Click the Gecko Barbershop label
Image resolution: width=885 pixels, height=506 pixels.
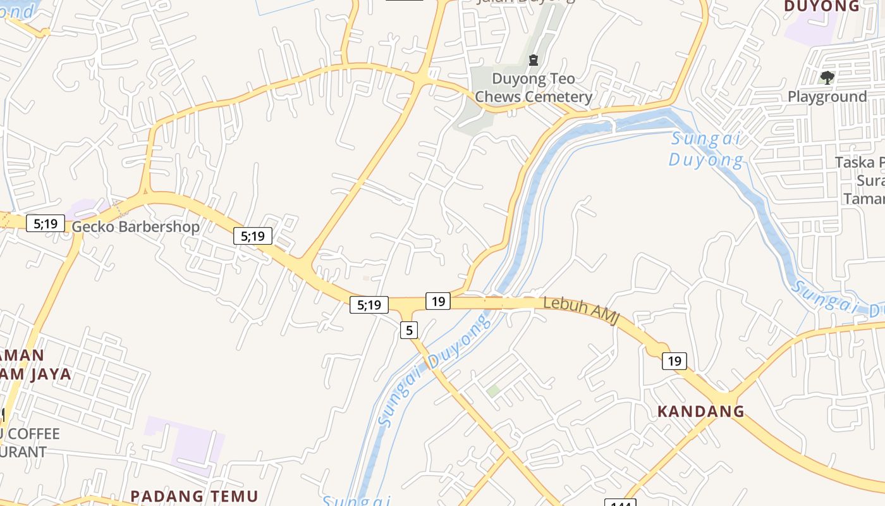135,226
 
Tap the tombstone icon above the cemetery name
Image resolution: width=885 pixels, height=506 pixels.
533,61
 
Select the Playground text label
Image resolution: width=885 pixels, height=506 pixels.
827,97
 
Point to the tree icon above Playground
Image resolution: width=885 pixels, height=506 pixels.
826,78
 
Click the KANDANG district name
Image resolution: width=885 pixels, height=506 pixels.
700,411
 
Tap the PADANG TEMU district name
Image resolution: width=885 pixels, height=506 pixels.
194,496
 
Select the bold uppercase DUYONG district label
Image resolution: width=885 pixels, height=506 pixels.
822,6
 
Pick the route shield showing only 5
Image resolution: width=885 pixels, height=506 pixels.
409,330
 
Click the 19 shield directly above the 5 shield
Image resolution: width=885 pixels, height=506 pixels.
438,301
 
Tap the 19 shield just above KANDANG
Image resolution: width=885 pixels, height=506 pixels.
674,361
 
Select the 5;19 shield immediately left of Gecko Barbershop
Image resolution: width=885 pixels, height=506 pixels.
46,223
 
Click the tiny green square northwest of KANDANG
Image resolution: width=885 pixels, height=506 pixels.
493,391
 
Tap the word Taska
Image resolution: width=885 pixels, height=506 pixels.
854,163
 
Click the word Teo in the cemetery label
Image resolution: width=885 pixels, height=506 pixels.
564,79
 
